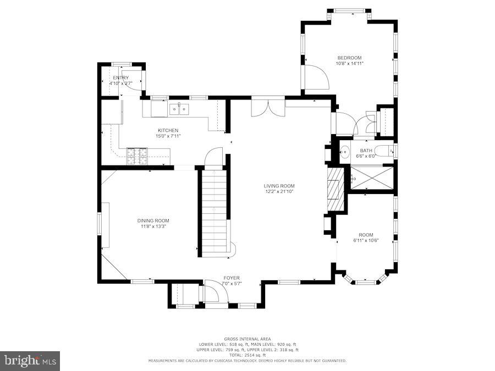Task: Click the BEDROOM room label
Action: [349, 58]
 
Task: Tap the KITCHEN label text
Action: [168, 130]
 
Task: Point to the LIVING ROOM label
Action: [279, 186]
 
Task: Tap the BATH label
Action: [366, 151]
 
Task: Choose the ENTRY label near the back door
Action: [120, 78]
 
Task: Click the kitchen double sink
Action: [179, 109]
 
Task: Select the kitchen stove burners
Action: [137, 156]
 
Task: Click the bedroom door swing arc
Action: [318, 78]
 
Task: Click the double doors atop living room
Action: [268, 108]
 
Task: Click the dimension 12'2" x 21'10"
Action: [279, 192]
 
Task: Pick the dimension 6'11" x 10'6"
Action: [366, 241]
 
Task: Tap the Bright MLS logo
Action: [30, 361]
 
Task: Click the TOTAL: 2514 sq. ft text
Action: [246, 355]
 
